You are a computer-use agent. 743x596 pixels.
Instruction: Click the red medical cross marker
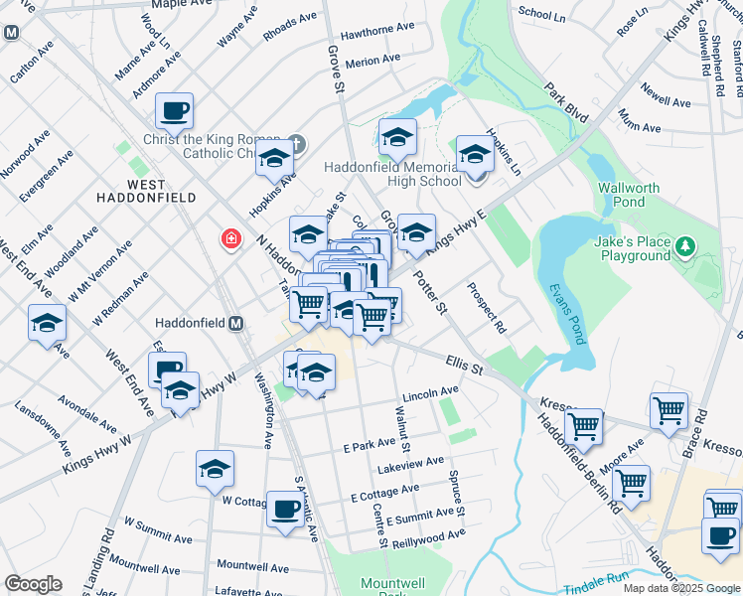pyautogui.click(x=230, y=239)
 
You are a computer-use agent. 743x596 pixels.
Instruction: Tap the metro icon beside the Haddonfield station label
pyautogui.click(x=236, y=323)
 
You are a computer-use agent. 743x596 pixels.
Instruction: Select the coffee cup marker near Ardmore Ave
pyautogui.click(x=174, y=111)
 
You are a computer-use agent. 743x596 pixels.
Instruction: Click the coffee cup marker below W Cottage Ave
pyautogui.click(x=285, y=510)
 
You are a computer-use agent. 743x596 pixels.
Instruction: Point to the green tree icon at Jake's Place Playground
pyautogui.click(x=683, y=244)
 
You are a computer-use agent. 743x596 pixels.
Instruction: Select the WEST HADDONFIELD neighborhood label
pyautogui.click(x=146, y=193)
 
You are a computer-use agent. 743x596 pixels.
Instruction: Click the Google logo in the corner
pyautogui.click(x=33, y=584)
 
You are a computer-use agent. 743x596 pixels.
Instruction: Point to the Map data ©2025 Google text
pyautogui.click(x=680, y=588)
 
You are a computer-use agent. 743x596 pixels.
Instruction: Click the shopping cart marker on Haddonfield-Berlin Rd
pyautogui.click(x=584, y=426)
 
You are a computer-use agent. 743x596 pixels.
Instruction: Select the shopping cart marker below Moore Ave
pyautogui.click(x=631, y=483)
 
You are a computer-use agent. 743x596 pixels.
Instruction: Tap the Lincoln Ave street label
pyautogui.click(x=430, y=391)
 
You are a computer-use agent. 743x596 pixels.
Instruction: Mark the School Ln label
pyautogui.click(x=541, y=14)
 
